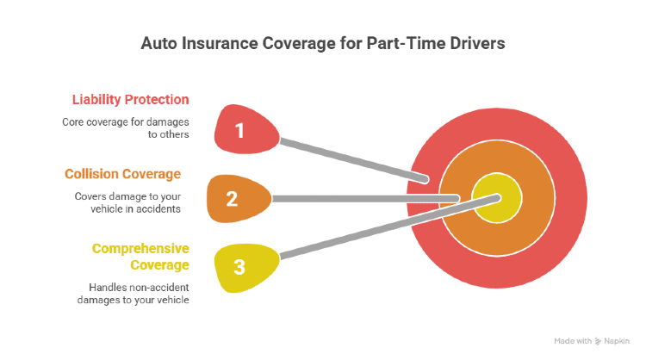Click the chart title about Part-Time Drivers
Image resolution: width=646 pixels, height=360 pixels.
click(x=323, y=44)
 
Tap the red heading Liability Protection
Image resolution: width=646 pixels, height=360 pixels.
click(x=126, y=99)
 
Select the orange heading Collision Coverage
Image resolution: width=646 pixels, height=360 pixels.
click(x=123, y=174)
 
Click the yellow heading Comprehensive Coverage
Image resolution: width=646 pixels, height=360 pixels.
click(x=140, y=256)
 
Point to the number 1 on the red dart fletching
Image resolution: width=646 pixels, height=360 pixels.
click(x=240, y=132)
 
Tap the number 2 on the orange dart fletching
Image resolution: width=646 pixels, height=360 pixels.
click(x=231, y=200)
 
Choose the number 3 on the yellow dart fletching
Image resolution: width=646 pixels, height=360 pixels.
click(x=239, y=267)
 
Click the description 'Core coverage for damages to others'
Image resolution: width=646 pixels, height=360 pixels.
click(x=126, y=127)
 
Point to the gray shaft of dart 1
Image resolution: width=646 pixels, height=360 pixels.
click(x=353, y=159)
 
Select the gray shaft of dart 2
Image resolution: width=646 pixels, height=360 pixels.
click(x=362, y=199)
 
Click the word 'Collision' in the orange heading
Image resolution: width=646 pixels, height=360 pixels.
click(x=90, y=174)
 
